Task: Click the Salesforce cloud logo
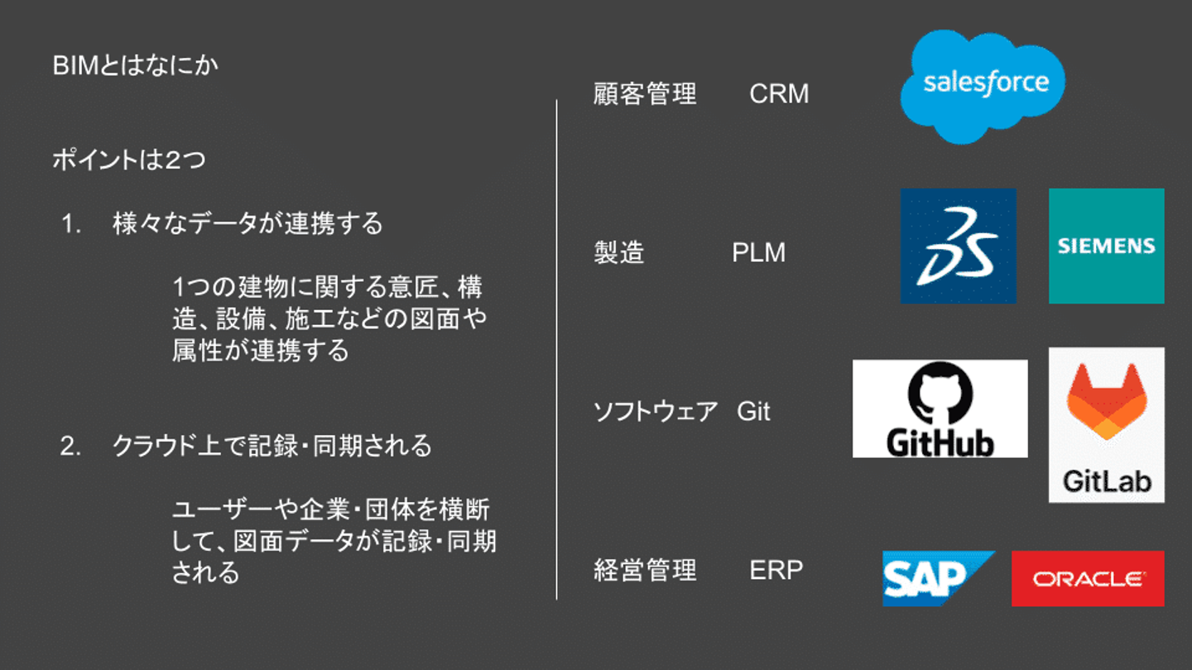coord(983,84)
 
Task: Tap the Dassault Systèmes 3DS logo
coord(959,246)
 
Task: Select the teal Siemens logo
coord(1106,246)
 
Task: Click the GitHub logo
coord(940,409)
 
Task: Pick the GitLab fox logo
coord(1106,425)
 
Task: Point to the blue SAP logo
coord(936,578)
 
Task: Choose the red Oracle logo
coord(1088,578)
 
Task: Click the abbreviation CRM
coord(779,94)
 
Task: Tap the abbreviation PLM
coord(758,253)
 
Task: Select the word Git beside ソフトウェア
coord(753,412)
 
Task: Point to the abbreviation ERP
coord(776,571)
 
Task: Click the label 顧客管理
coord(646,94)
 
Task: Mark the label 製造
coord(619,253)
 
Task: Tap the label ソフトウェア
coord(656,412)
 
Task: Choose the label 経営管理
coord(646,571)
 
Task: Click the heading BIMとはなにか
coord(136,65)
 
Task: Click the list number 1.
coord(70,224)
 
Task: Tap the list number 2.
coord(70,447)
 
